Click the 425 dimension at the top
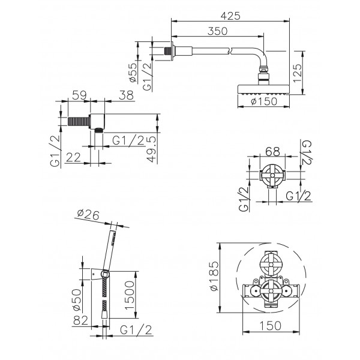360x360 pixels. (x=230, y=16)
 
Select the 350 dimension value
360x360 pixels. (x=217, y=31)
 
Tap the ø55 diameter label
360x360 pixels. (x=133, y=73)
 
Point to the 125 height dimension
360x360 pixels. (x=298, y=73)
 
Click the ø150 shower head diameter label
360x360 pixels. (x=264, y=101)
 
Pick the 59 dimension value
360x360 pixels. (x=79, y=95)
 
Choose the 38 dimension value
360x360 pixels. (x=126, y=95)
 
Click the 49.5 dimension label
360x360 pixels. (x=152, y=149)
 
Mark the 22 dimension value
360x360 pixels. (x=73, y=157)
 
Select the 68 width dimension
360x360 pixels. (x=272, y=152)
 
